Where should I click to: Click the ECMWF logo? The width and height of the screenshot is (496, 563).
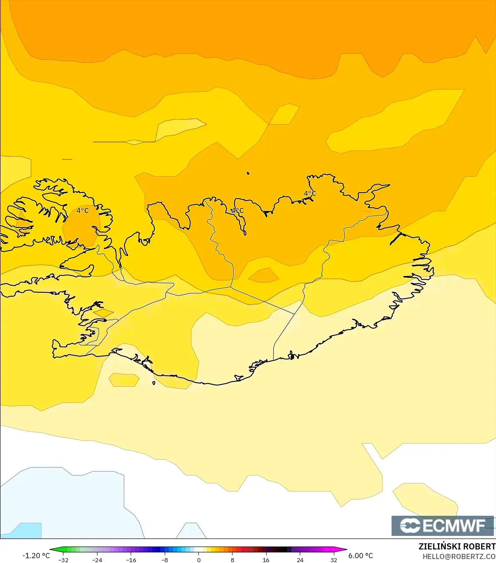click(x=443, y=525)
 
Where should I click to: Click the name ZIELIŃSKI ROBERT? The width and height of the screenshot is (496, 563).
click(x=457, y=546)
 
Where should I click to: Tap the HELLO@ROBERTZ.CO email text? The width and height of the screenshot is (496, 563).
click(x=459, y=556)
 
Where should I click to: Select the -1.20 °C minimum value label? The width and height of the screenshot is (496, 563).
click(x=36, y=556)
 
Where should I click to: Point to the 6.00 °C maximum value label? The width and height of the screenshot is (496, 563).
click(x=361, y=556)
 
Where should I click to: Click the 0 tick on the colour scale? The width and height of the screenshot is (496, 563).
click(x=199, y=560)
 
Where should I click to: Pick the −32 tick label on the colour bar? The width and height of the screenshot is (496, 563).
click(x=63, y=560)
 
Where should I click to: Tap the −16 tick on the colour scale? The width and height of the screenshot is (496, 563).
click(x=131, y=560)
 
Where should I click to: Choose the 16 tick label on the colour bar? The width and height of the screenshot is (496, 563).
click(x=266, y=560)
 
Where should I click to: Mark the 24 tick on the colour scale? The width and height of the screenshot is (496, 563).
click(x=300, y=560)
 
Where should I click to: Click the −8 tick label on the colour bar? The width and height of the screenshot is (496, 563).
click(x=165, y=560)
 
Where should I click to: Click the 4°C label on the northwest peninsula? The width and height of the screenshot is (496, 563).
click(x=83, y=210)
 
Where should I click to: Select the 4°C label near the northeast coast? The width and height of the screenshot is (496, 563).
click(x=310, y=193)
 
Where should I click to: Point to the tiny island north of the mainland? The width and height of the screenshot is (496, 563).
click(x=248, y=173)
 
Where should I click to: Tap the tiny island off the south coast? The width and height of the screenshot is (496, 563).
click(x=154, y=383)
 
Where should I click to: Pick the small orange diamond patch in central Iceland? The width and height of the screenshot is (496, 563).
click(x=264, y=276)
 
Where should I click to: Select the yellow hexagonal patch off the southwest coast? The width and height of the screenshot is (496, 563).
click(x=124, y=380)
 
